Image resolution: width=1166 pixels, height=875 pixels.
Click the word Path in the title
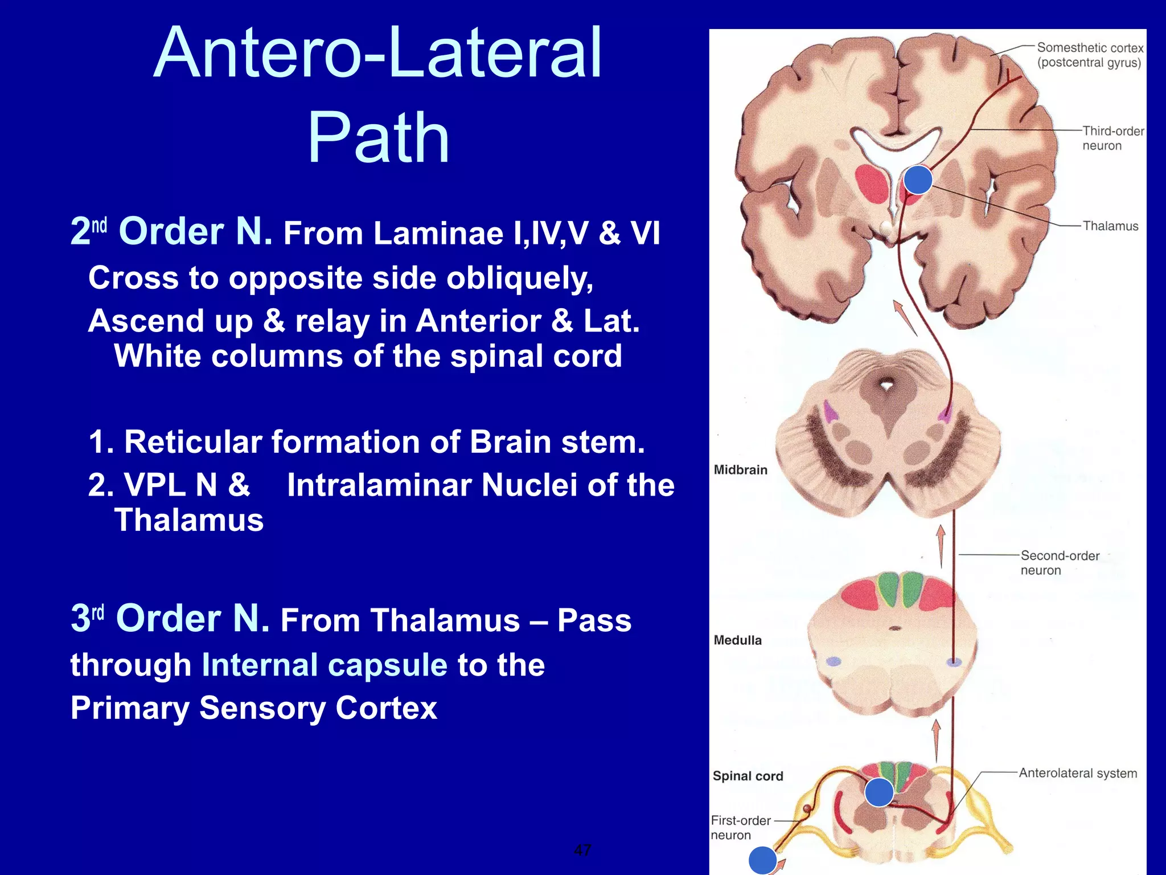pos(379,138)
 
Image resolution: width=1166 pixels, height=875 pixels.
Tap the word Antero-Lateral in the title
pos(377,53)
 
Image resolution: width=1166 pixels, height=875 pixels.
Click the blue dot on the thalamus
pos(918,179)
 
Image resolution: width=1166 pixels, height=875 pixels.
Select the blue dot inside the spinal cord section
pos(878,792)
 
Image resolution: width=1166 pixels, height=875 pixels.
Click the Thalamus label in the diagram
pos(1110,226)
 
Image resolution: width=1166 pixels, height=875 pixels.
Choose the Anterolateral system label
pos(1077,773)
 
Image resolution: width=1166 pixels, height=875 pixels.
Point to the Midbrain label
pos(740,470)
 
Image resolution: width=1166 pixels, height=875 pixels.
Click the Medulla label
pos(737,640)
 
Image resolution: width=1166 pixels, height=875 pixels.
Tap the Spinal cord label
pos(748,776)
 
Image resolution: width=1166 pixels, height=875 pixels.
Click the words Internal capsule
pos(325,665)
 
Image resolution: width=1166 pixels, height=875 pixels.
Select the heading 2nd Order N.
pos(171,231)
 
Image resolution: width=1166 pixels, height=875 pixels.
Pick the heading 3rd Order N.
pos(170,619)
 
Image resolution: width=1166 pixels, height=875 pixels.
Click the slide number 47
pos(582,850)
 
